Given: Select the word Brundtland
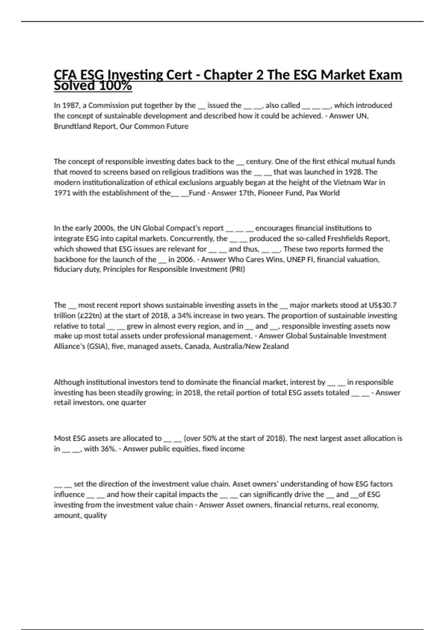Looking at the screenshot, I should (71, 126).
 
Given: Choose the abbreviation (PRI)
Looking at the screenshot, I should (237, 269).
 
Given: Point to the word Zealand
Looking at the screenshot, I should (274, 346).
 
